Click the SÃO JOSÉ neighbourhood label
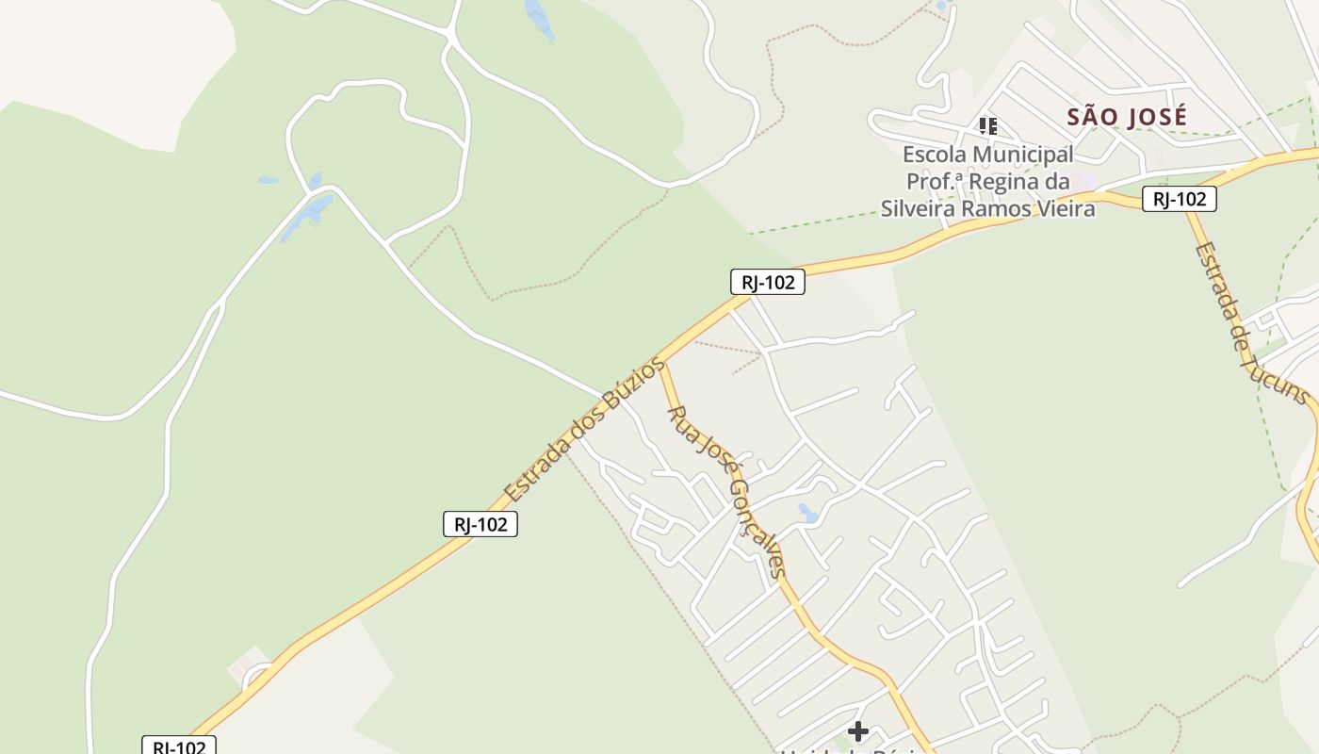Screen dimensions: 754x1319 pos(1127,117)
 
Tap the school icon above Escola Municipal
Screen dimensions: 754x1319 pos(987,125)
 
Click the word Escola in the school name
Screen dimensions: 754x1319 pos(936,155)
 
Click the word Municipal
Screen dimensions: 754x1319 pos(1025,155)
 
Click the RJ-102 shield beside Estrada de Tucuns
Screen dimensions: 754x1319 pos(1179,199)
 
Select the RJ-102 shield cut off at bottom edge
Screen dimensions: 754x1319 pos(179,746)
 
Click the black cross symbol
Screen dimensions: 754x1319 pos(857,730)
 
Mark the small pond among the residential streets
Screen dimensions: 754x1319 pos(807,514)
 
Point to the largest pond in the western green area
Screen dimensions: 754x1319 pos(308,215)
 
